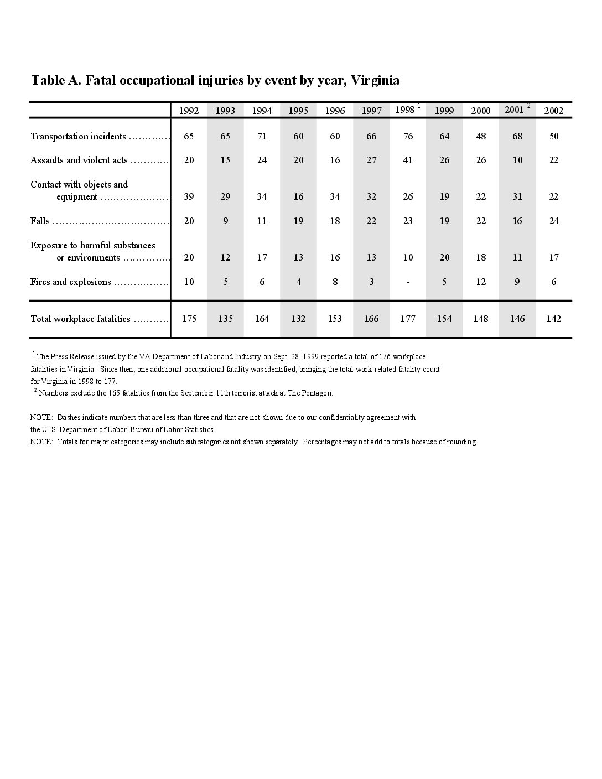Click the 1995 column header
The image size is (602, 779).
(298, 111)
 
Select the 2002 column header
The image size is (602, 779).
(553, 111)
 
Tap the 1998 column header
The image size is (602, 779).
(405, 110)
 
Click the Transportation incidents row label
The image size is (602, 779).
(78, 137)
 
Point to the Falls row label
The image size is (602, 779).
(40, 221)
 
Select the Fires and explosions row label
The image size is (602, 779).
(70, 282)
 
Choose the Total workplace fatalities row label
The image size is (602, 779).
(80, 319)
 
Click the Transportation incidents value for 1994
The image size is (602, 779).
(262, 136)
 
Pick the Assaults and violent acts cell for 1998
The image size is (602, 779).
(408, 160)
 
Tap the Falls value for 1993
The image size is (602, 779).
(225, 221)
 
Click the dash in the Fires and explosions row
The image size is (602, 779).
(408, 282)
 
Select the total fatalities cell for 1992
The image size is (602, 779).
(189, 319)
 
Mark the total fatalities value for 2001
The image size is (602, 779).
(517, 319)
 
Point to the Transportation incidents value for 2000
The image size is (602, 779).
(481, 136)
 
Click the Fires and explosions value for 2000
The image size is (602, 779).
(481, 282)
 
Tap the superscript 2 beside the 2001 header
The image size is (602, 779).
(528, 106)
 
